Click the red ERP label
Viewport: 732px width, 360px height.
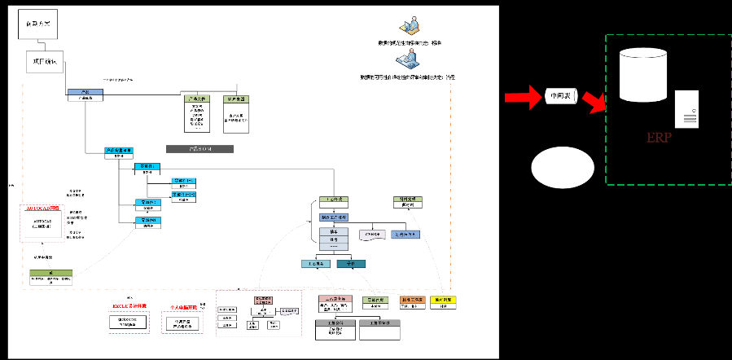pos(658,138)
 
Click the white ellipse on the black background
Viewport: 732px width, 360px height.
pos(561,168)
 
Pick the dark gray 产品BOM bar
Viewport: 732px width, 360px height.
pos(199,149)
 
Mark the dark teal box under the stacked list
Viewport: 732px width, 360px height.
pos(351,264)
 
